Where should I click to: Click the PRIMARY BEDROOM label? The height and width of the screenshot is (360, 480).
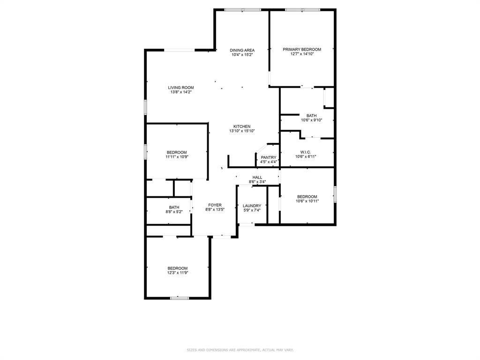pos(302,49)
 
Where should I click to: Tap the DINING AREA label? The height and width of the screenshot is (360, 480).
pos(242,50)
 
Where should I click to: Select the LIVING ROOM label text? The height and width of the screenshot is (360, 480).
pos(181,87)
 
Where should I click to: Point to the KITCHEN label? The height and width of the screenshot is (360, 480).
pos(242,126)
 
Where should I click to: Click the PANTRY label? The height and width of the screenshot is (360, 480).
pos(269,157)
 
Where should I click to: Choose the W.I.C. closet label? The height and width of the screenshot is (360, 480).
pos(306,152)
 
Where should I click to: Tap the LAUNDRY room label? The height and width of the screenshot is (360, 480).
pos(252,205)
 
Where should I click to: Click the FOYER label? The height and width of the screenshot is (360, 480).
pos(215,205)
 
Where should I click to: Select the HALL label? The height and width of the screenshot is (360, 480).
pos(257,177)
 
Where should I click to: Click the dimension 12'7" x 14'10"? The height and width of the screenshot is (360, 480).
pos(302,54)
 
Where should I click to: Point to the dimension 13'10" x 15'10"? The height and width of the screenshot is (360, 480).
pos(242,131)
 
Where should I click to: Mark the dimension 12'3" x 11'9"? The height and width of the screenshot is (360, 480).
pos(178,273)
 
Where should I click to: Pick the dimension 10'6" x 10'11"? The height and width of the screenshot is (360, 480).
pos(307,201)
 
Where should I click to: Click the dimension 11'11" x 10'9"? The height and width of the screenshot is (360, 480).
pos(177,157)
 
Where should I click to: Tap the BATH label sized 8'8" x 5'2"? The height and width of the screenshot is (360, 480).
pos(174,207)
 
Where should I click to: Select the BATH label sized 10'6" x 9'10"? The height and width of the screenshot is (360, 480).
pos(311,115)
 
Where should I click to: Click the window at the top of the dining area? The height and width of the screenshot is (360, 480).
pos(242,10)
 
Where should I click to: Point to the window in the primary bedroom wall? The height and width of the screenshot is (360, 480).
pos(302,10)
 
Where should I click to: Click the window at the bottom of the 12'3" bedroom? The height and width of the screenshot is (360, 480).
pos(179,298)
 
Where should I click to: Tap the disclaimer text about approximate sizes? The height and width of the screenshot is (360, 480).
pos(240,350)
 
